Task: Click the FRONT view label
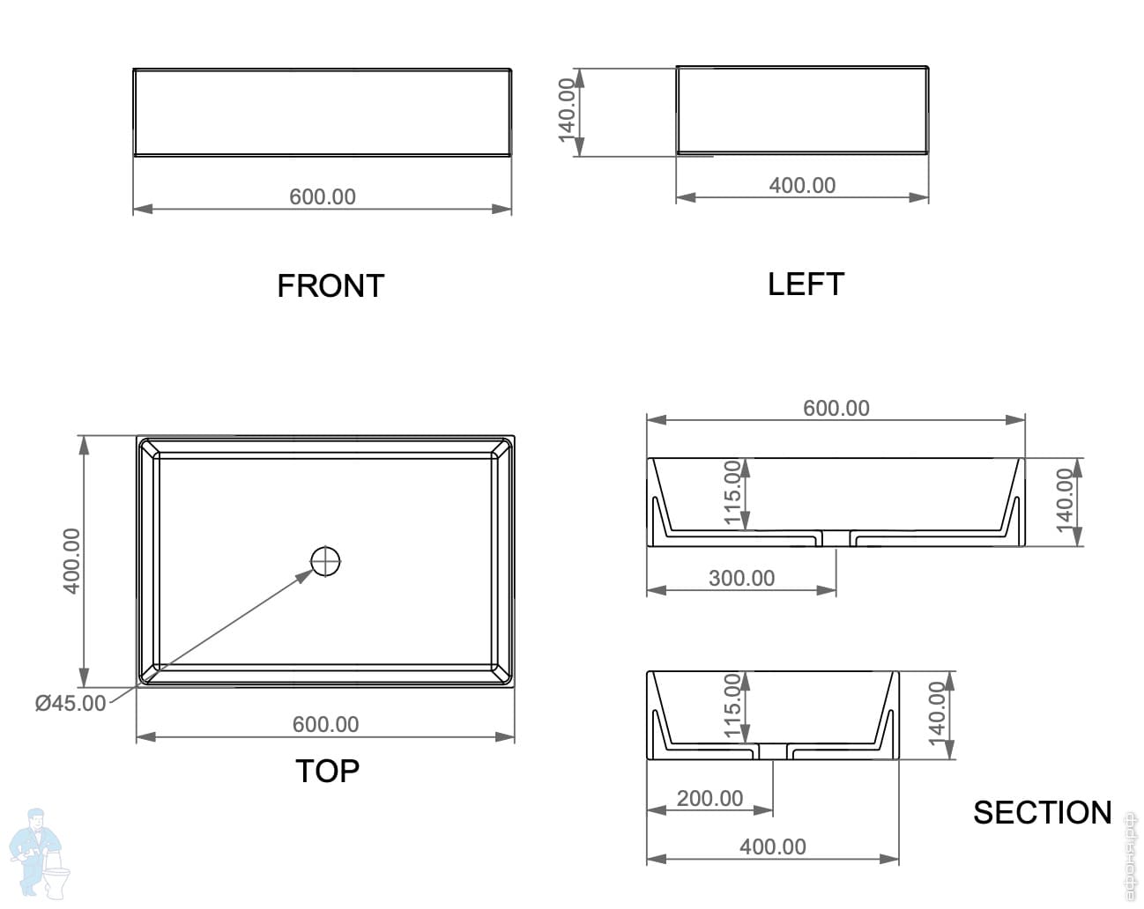coord(331,286)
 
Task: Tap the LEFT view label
coord(806,285)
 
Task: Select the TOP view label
coord(327,771)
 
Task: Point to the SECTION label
coord(1042,812)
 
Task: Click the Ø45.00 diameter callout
coord(71,703)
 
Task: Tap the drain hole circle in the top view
coord(325,560)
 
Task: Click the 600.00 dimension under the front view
coord(323,196)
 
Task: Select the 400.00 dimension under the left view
coord(802,185)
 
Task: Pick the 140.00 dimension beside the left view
coord(568,107)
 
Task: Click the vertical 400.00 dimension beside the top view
coord(71,560)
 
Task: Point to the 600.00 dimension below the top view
coord(325,724)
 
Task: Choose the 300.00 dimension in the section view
coord(741,578)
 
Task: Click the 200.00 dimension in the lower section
coord(709,798)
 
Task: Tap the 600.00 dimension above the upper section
coord(836,408)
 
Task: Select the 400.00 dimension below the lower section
coord(772,846)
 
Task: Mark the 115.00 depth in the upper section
coord(732,492)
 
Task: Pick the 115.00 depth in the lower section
coord(732,706)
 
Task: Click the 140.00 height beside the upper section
coord(1065,499)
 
